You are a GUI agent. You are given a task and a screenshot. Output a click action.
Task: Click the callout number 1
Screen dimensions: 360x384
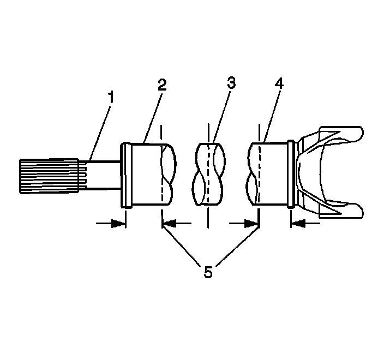111,98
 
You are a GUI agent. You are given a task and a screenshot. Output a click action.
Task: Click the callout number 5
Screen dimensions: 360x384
208,272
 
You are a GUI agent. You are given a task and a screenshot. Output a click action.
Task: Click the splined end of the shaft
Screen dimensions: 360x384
49,175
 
